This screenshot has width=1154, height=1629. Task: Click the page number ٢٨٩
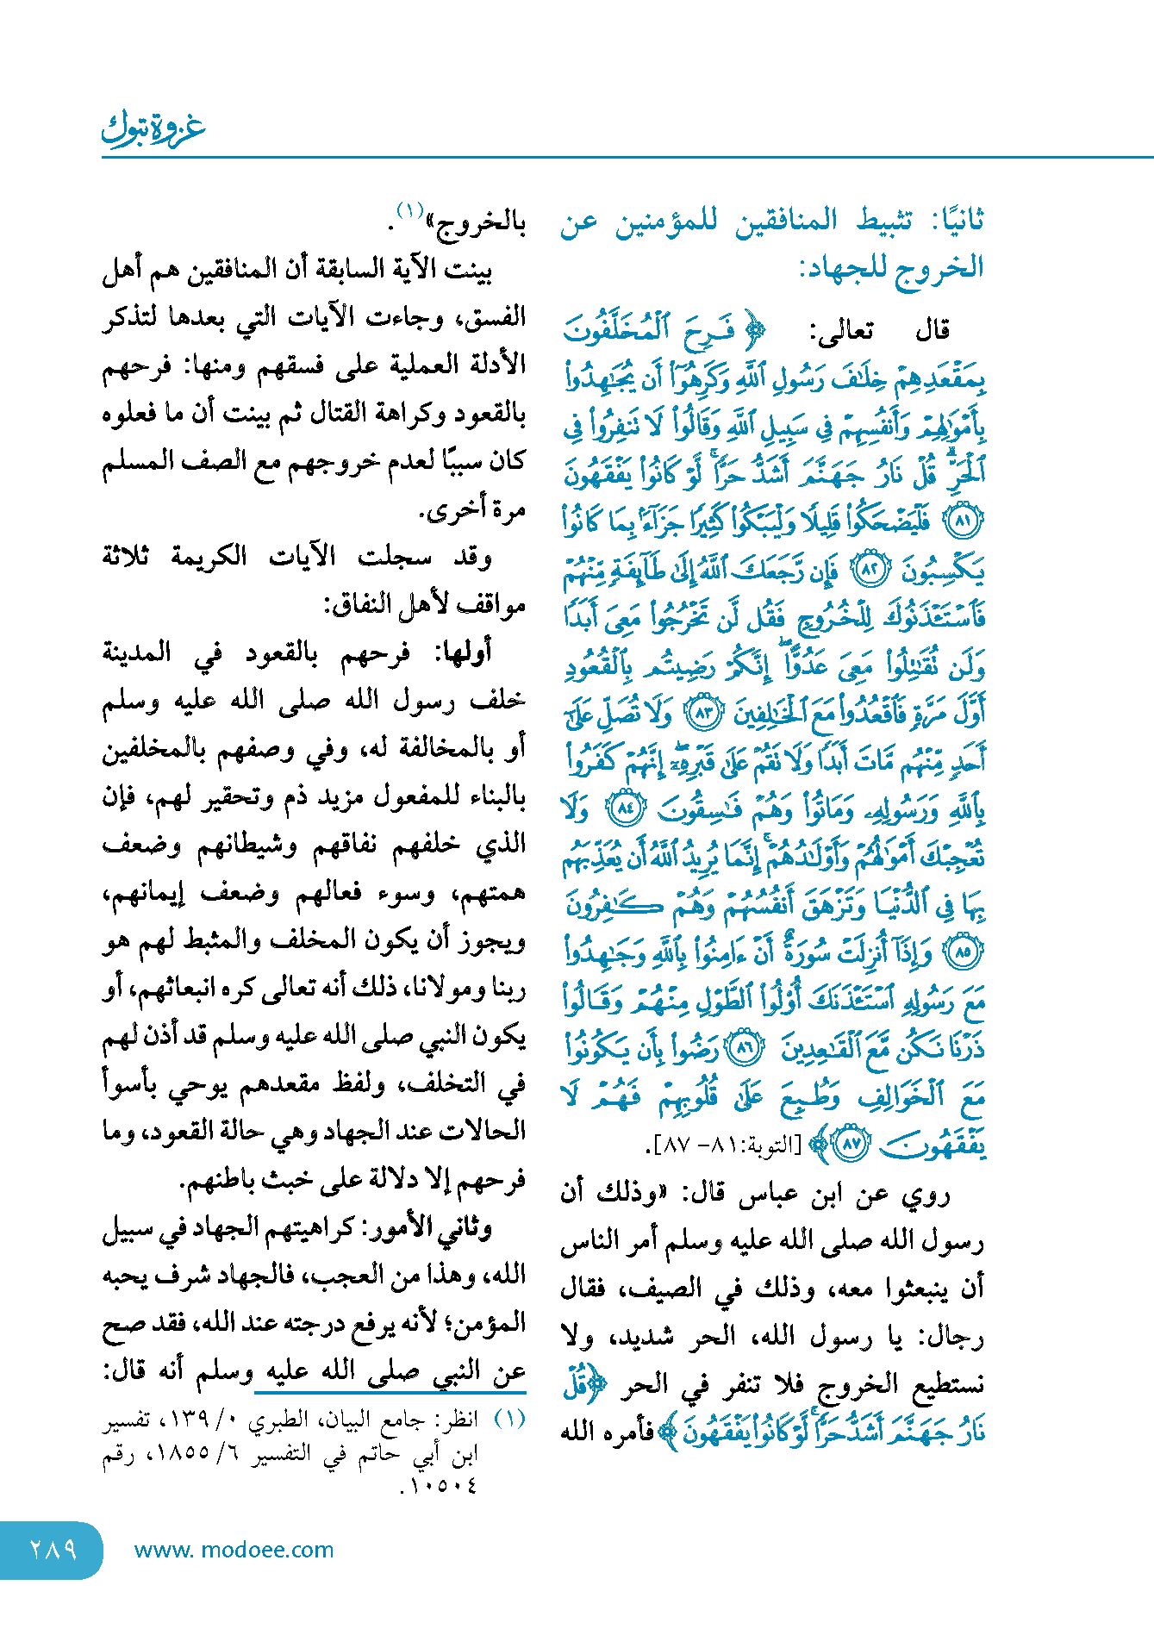(x=53, y=1550)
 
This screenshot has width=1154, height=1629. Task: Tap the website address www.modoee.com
(x=234, y=1550)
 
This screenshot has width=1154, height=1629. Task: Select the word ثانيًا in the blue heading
(x=958, y=220)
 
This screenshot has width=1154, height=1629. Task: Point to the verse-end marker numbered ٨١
(x=964, y=521)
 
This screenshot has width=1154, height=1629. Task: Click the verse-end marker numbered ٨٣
(x=701, y=713)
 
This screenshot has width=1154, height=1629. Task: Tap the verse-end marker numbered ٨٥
(x=964, y=952)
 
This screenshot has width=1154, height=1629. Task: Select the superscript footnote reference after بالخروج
(x=409, y=210)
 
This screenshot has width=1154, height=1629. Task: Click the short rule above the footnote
(x=390, y=1391)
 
